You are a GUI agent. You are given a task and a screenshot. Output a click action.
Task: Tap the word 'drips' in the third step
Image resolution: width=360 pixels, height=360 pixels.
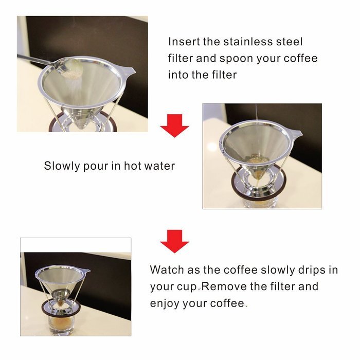[x=312, y=270]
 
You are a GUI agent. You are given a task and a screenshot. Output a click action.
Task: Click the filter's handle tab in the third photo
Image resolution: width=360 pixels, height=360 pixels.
[x=86, y=271]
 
